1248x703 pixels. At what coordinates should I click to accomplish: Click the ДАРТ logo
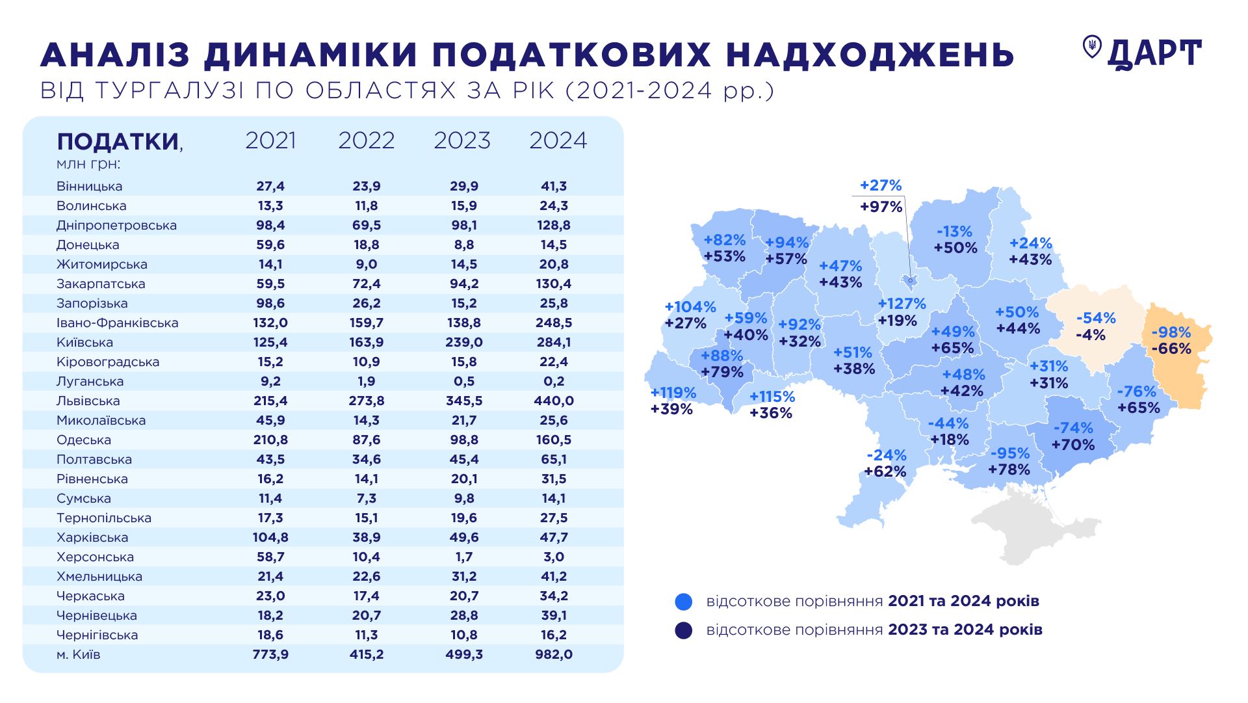[1141, 53]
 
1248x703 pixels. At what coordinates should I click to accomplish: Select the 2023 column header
[461, 140]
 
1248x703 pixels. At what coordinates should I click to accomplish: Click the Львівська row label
[88, 401]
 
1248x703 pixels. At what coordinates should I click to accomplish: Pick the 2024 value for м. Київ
[553, 654]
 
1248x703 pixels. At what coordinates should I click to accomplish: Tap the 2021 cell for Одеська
[270, 440]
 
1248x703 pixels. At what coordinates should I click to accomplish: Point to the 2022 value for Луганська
[366, 381]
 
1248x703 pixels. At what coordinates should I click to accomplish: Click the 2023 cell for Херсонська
[463, 557]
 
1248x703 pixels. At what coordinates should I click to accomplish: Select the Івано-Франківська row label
[117, 323]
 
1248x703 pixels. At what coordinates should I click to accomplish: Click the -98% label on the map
[1171, 332]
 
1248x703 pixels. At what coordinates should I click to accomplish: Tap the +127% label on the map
[902, 304]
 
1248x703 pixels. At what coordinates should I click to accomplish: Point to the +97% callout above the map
[881, 207]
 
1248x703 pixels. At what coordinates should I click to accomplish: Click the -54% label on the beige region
[1096, 318]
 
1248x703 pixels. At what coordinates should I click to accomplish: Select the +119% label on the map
[673, 393]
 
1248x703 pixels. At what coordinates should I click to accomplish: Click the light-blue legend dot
[684, 602]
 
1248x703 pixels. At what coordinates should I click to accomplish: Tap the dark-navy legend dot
[684, 630]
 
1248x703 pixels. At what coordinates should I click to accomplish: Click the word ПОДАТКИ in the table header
[118, 141]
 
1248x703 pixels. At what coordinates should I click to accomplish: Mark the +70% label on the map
[1073, 445]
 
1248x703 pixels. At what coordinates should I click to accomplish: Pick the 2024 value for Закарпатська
[553, 284]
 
